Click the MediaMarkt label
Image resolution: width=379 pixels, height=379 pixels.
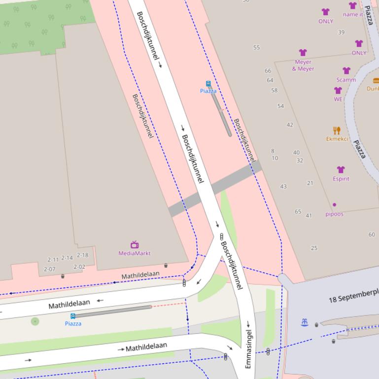point(134,253)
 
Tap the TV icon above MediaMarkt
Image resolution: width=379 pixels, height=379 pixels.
point(135,245)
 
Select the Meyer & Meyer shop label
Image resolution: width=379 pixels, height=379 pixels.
point(303,65)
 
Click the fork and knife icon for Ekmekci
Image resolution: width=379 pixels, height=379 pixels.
point(337,130)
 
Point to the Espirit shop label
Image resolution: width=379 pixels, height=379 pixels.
point(341,179)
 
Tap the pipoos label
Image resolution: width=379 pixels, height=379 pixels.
point(335,214)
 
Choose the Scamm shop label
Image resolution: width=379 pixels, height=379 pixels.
point(346,80)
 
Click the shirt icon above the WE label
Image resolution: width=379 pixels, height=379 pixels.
point(338,91)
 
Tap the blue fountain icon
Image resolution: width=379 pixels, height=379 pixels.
point(305,322)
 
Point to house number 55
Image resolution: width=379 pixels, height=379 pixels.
point(256,48)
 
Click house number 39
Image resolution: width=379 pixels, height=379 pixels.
point(341,32)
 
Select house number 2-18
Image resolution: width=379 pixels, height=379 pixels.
point(82,255)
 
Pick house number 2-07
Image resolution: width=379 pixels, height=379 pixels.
point(49,269)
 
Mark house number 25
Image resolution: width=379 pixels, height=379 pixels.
point(314,248)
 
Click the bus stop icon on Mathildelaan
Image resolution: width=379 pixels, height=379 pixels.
point(73,316)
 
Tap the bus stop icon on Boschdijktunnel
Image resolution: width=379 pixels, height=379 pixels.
point(208,84)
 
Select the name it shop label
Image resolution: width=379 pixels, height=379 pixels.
point(353,15)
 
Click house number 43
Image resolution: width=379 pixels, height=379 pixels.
point(283,187)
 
